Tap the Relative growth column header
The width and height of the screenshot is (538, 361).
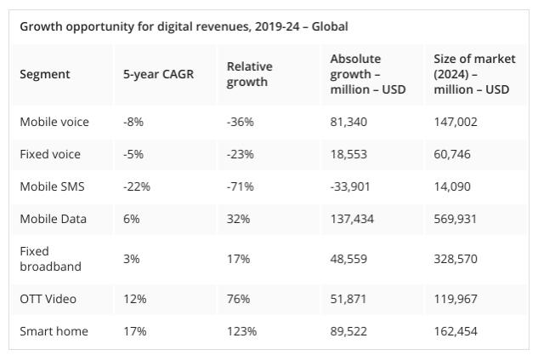coord(247,74)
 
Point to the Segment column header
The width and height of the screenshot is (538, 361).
coord(45,74)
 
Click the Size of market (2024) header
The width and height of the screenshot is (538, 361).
coord(472,74)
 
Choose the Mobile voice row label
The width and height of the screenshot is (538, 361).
coord(54,122)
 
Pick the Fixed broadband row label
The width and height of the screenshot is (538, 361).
coord(51,259)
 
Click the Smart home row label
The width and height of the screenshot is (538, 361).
coord(54,331)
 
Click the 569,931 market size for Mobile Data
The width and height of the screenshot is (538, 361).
coord(456,220)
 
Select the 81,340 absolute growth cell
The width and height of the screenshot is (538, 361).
coord(349,122)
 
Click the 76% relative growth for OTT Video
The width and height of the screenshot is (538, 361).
coord(238,298)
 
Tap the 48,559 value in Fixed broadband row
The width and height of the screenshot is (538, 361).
coord(349,259)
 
